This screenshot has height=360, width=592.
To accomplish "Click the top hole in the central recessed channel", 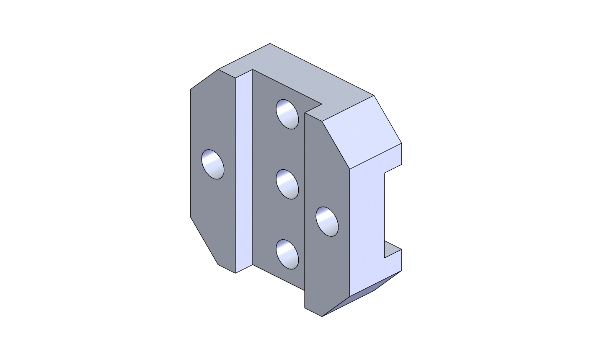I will click(x=287, y=114).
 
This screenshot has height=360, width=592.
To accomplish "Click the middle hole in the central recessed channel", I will click(x=287, y=184).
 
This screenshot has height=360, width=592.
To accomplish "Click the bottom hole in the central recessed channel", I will click(x=287, y=254).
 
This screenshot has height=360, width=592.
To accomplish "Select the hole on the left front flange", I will click(x=213, y=164).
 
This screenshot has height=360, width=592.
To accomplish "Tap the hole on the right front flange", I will click(x=327, y=221).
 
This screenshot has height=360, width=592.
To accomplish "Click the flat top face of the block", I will click(x=293, y=80).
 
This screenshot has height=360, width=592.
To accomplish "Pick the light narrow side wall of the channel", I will click(x=244, y=172).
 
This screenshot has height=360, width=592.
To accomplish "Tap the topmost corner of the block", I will click(x=270, y=44).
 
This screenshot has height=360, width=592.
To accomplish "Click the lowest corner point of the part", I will click(x=322, y=316).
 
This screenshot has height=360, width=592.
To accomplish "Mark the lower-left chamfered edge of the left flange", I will click(x=204, y=241).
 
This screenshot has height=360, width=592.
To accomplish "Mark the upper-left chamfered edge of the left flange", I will click(x=204, y=79).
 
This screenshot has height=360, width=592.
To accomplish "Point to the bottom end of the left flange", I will click(x=227, y=269).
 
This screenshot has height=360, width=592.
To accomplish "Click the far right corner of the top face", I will click(x=374, y=96).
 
